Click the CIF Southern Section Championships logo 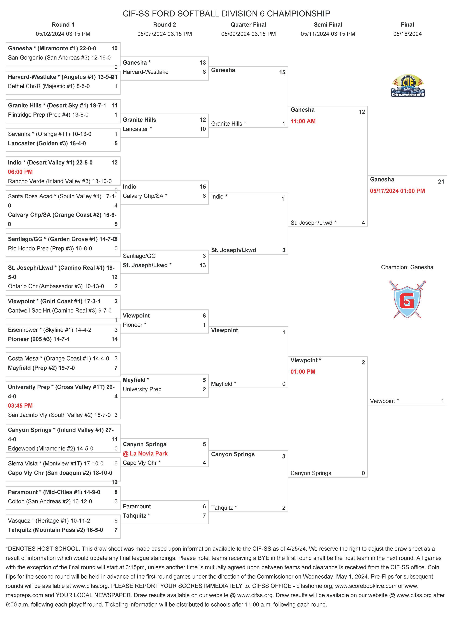click(x=408, y=86)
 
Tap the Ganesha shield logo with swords click(x=407, y=299)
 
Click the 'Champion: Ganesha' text click(x=407, y=267)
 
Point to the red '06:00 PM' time click(x=20, y=172)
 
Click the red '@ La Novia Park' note click(x=145, y=453)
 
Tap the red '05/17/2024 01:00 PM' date click(x=397, y=191)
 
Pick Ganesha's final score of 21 click(x=441, y=182)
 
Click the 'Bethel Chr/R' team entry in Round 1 click(x=49, y=86)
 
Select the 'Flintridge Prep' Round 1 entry click(x=48, y=115)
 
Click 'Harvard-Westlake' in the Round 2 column click(x=145, y=72)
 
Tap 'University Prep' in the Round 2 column click(x=142, y=389)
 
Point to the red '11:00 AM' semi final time click(x=303, y=121)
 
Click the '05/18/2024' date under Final click(x=407, y=34)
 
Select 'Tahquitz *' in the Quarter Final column click(x=224, y=508)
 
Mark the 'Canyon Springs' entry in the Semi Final click(x=311, y=473)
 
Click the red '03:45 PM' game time click(x=20, y=405)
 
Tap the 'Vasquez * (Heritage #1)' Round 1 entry click(x=49, y=520)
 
